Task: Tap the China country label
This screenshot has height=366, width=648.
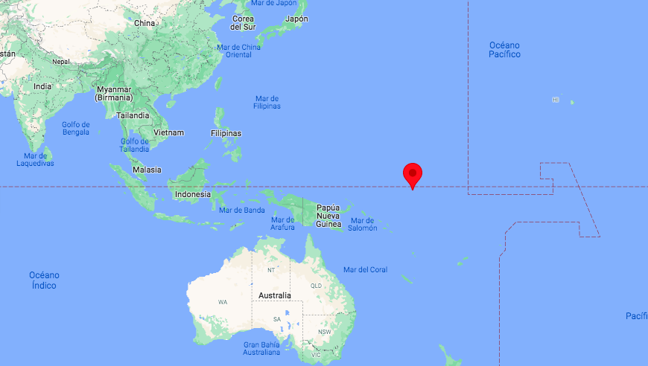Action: click(x=144, y=23)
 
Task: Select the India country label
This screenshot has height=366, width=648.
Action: click(x=42, y=86)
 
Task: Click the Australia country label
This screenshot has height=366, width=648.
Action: click(x=274, y=295)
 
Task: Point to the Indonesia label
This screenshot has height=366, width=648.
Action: click(x=192, y=194)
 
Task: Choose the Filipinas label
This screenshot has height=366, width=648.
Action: click(x=226, y=133)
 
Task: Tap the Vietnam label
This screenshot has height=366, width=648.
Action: click(x=168, y=132)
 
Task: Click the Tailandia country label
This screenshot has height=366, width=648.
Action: click(x=133, y=115)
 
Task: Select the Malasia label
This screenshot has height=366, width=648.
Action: click(x=147, y=170)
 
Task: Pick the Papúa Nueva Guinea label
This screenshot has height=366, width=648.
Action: click(x=328, y=216)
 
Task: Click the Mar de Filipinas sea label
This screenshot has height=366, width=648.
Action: click(x=267, y=102)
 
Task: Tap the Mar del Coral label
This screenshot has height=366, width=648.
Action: click(x=365, y=269)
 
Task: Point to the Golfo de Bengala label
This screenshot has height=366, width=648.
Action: click(x=75, y=128)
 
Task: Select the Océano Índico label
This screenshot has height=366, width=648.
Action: click(x=44, y=280)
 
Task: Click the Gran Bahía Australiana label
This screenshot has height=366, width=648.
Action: click(x=261, y=348)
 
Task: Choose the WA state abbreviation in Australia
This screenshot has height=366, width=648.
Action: click(x=223, y=302)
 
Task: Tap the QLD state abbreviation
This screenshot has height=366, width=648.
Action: click(x=316, y=285)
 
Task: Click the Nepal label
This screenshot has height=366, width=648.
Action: click(x=60, y=62)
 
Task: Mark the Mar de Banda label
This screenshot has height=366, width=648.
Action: click(x=242, y=210)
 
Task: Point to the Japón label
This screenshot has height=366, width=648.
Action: click(x=296, y=19)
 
